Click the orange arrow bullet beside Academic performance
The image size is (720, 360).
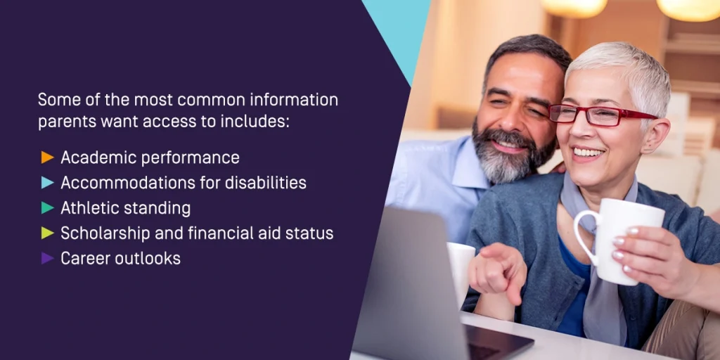47,157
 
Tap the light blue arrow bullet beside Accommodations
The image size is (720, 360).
47,183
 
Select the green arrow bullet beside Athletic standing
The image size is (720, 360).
47,208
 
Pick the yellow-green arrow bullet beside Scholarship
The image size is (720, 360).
47,233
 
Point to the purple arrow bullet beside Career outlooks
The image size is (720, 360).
47,259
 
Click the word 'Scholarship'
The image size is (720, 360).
105,234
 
